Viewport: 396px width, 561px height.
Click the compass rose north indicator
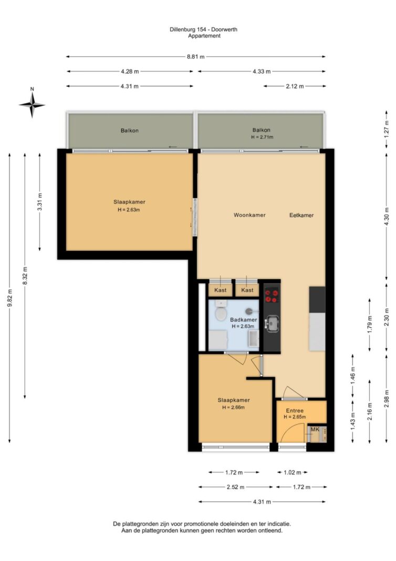(x=32, y=105)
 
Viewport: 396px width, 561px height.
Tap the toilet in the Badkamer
(x=221, y=311)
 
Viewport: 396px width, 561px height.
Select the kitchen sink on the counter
(x=273, y=323)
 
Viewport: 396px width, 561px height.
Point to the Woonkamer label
(x=249, y=215)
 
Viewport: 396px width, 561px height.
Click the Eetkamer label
(x=301, y=215)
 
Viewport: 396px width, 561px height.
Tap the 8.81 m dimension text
(x=195, y=57)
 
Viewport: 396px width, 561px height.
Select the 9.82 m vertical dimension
(x=9, y=298)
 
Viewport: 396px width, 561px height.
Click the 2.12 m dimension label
(x=295, y=86)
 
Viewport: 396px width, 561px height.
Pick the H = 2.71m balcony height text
(x=262, y=137)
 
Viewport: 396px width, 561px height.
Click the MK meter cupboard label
(x=315, y=430)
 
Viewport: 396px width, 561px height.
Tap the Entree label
(x=295, y=411)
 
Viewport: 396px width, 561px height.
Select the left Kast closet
(x=220, y=290)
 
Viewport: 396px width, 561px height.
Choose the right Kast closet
(x=247, y=290)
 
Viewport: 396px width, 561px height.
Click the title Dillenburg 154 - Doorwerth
(x=203, y=29)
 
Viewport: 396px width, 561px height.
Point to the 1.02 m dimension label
(x=293, y=472)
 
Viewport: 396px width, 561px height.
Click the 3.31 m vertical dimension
(x=40, y=202)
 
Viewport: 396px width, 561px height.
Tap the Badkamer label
(x=243, y=320)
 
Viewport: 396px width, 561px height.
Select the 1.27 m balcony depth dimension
(x=387, y=129)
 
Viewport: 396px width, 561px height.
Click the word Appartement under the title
(x=204, y=36)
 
